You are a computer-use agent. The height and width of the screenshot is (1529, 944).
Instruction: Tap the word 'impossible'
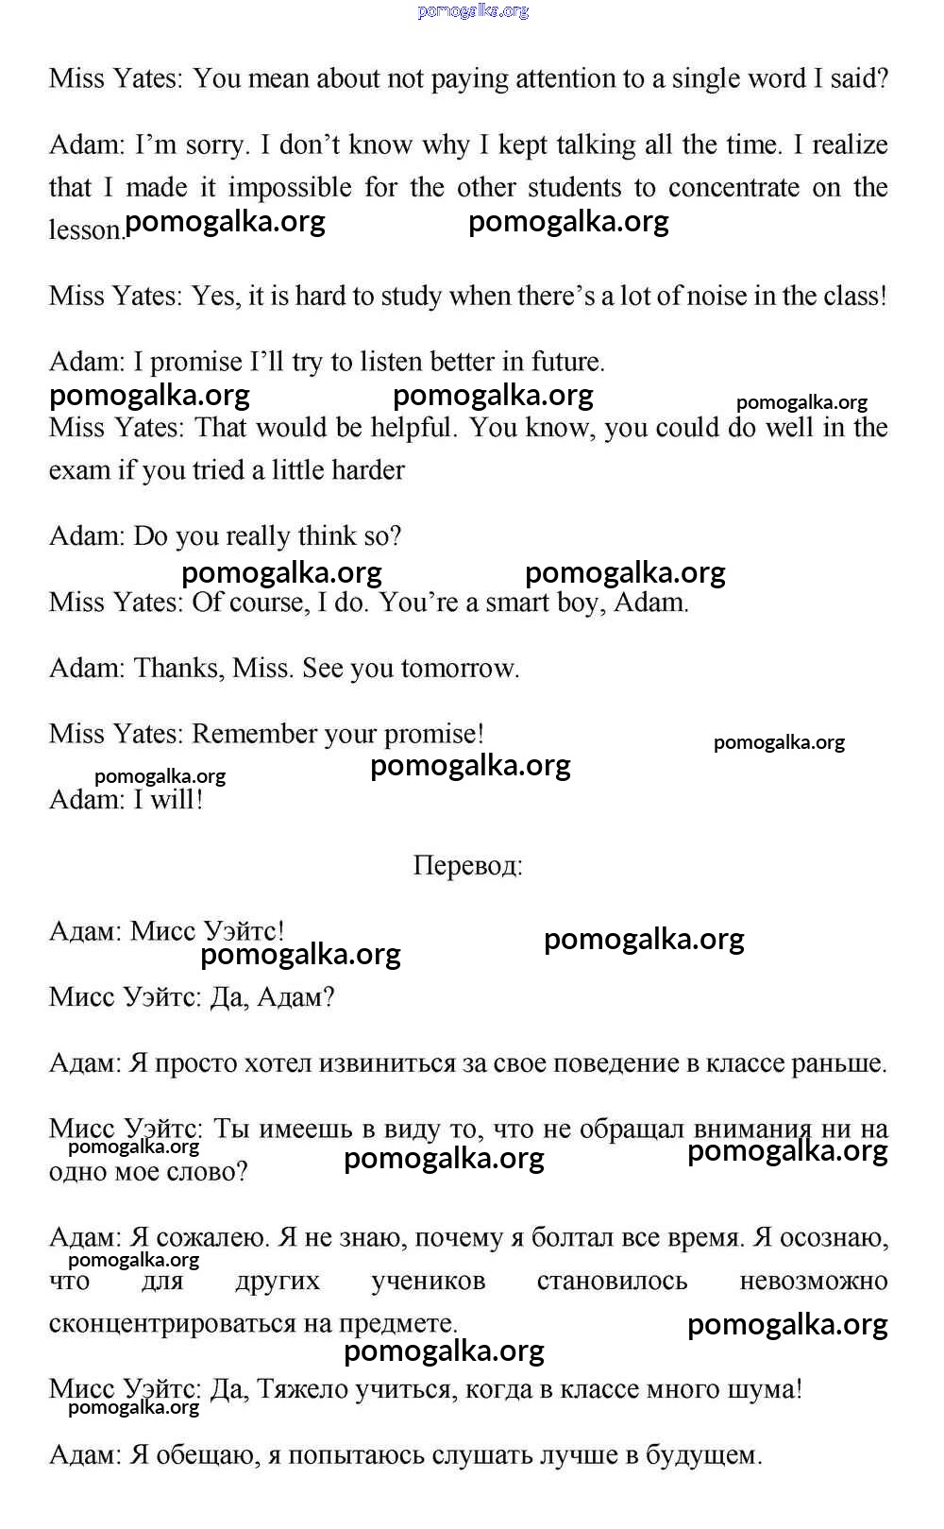tap(290, 187)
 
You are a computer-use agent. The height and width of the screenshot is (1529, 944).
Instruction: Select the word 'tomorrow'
tap(460, 669)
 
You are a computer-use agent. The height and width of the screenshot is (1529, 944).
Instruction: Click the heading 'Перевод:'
tap(467, 866)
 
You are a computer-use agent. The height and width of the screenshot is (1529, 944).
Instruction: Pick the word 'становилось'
tap(612, 1282)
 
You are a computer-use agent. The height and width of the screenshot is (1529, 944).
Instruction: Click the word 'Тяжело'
tap(300, 1390)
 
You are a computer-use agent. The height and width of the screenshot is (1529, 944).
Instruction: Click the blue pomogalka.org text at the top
tap(472, 11)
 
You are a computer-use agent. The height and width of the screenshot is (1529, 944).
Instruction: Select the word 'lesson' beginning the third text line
tap(85, 229)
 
